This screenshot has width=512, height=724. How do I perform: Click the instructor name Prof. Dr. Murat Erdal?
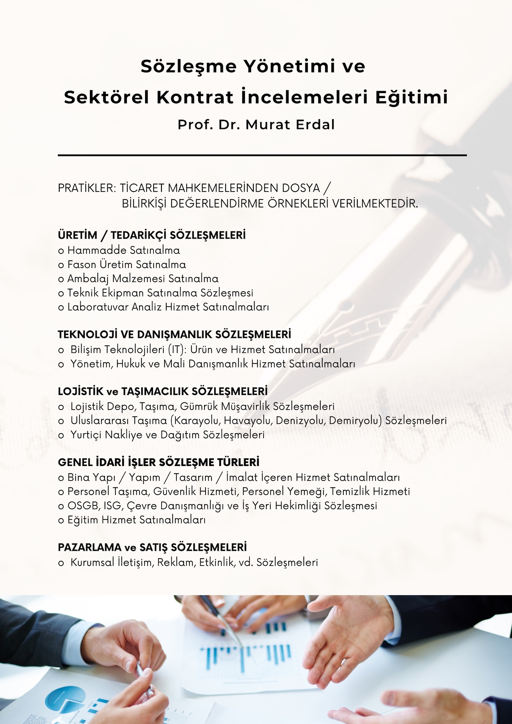tap(256, 124)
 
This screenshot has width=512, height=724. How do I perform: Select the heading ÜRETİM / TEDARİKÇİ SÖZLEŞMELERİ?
tap(152, 235)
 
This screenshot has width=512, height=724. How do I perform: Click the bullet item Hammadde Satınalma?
tap(119, 250)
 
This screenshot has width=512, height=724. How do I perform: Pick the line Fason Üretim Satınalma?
tap(122, 264)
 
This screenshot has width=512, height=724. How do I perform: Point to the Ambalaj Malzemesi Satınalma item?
tap(138, 279)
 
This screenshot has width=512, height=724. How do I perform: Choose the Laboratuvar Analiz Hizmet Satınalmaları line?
tap(163, 307)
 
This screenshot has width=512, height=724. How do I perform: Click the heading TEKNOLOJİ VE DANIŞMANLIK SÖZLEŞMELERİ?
tap(174, 334)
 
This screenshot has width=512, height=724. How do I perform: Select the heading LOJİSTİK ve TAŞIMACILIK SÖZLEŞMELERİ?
tap(163, 391)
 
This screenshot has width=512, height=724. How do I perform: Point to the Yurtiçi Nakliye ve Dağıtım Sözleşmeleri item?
tap(161, 435)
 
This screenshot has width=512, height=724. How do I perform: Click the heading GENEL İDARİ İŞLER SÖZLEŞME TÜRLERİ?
tap(159, 462)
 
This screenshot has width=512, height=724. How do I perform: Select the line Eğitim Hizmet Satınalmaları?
tap(132, 520)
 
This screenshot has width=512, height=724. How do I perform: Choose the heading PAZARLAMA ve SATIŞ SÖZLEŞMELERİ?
tap(152, 547)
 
